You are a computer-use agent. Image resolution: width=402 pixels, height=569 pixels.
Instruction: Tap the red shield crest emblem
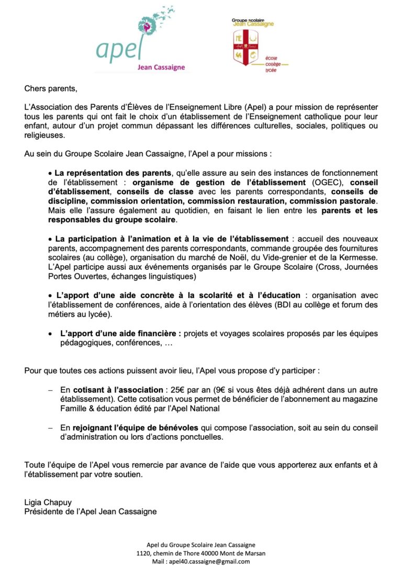(x=248, y=48)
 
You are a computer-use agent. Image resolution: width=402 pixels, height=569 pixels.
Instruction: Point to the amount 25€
(x=177, y=390)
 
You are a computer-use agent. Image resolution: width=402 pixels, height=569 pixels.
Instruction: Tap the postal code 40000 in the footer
(x=208, y=553)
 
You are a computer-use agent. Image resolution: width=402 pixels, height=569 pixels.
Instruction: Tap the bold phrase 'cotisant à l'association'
(x=118, y=390)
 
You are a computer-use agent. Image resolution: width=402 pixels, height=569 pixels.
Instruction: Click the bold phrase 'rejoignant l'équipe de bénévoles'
(x=132, y=428)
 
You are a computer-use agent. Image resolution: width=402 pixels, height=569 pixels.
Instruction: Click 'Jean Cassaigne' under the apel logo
(x=161, y=67)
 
